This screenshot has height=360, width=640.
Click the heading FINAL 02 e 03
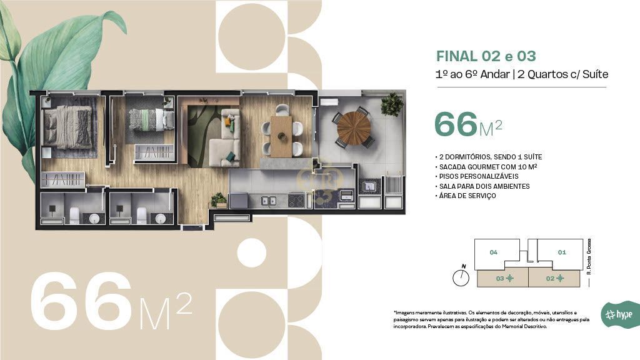486,56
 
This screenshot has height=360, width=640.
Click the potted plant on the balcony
392,104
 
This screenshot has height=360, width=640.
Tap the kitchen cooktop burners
296,200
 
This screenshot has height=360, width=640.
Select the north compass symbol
461,276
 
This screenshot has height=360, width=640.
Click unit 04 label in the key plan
494,252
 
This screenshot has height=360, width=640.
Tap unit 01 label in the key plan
562,252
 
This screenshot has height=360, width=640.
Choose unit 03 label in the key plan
500,278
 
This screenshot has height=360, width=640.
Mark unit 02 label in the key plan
550,278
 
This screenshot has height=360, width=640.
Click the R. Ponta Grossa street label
589,256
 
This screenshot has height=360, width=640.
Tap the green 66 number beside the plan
456,124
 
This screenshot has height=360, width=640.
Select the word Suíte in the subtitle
596,74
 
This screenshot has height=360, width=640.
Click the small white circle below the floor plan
252,252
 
